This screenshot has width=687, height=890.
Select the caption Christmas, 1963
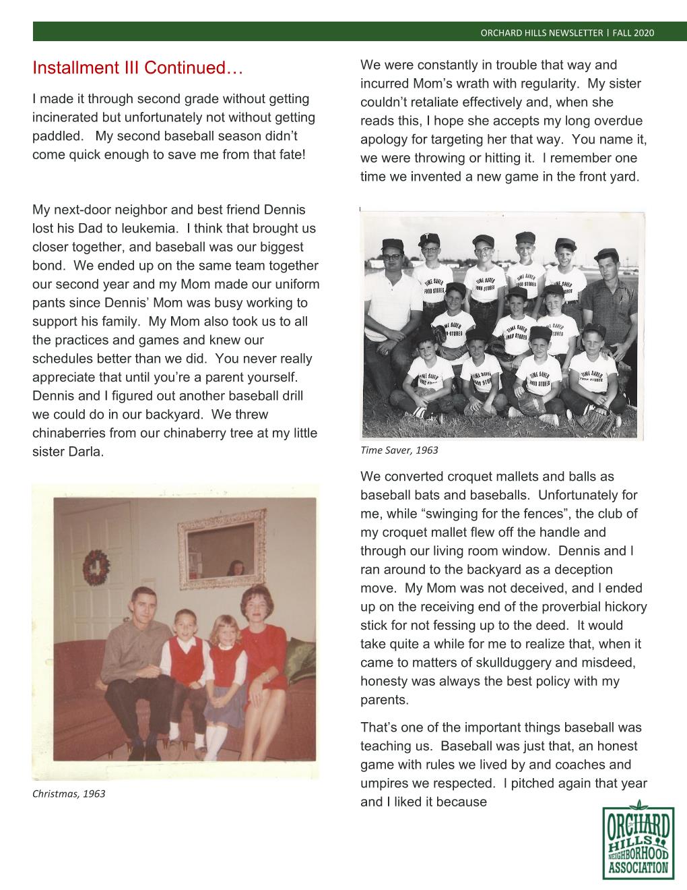[69, 794]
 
